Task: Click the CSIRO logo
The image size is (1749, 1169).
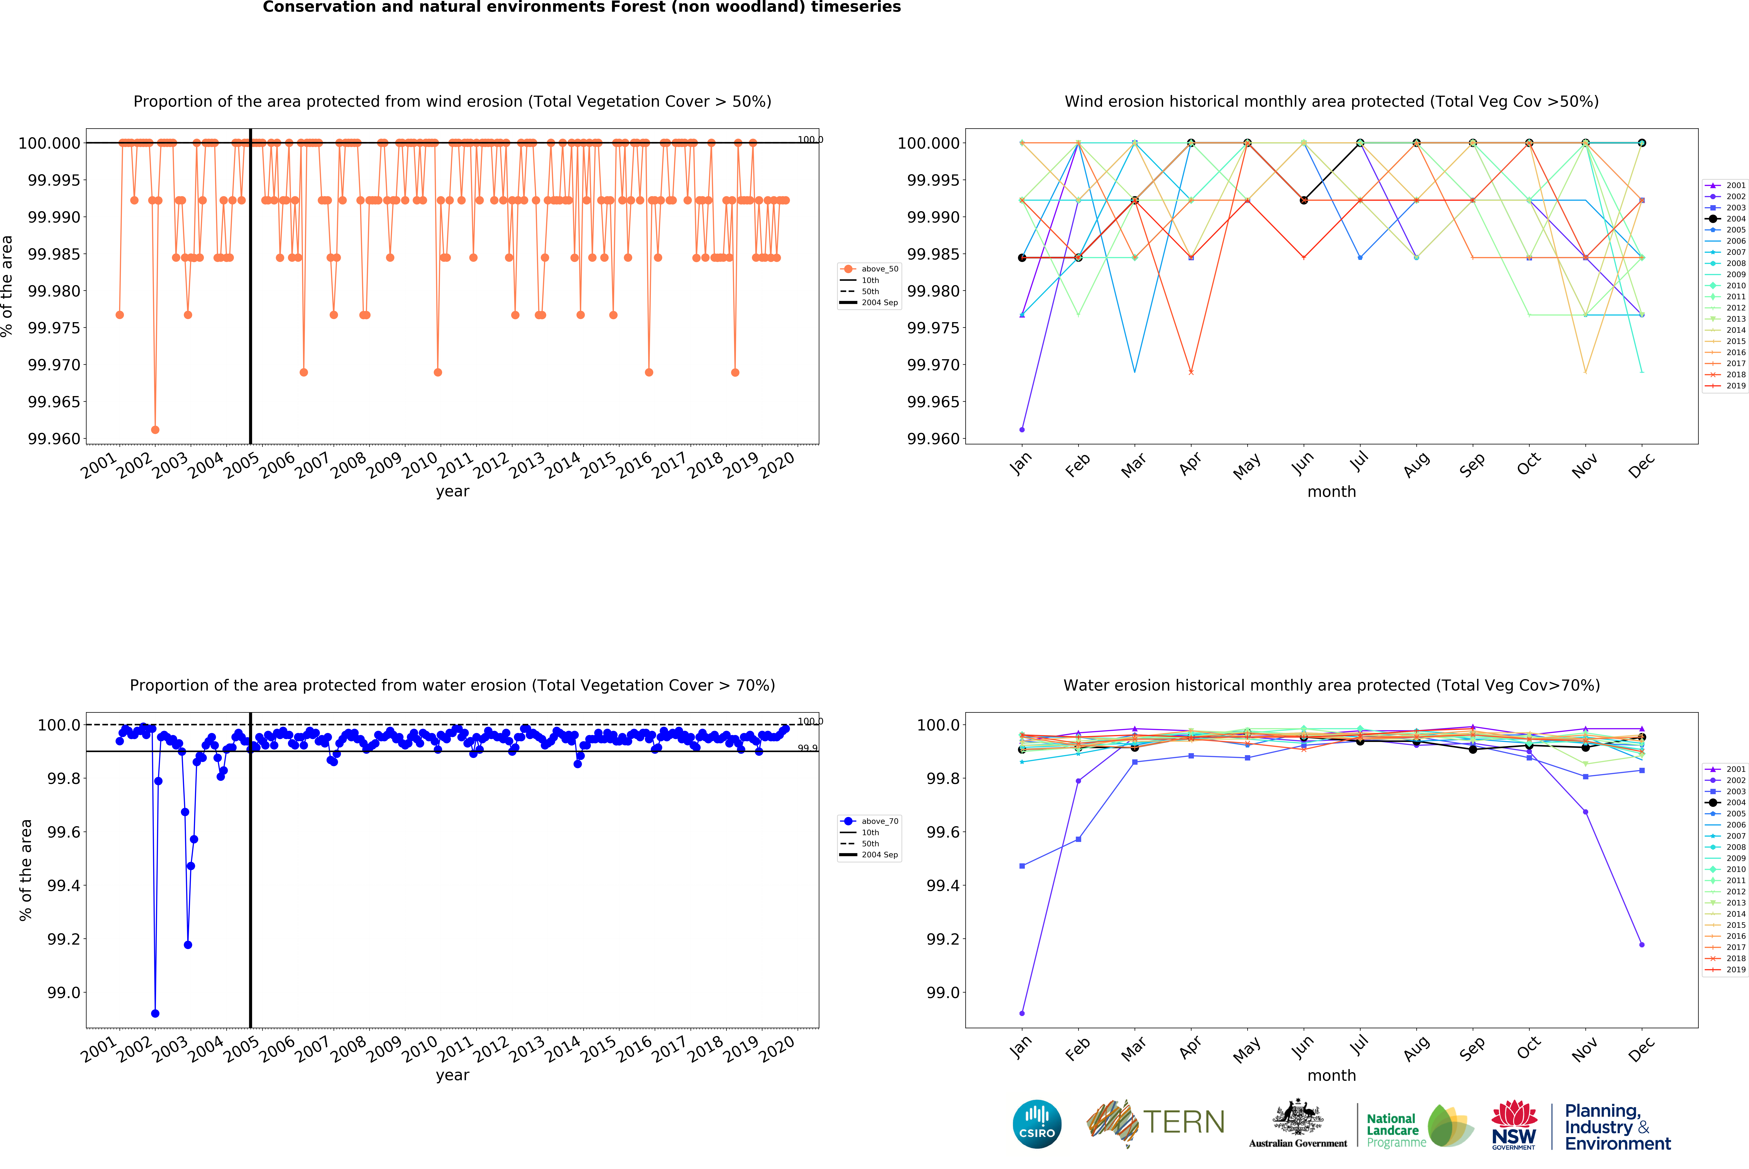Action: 1037,1124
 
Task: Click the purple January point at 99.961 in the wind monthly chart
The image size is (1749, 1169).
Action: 1022,429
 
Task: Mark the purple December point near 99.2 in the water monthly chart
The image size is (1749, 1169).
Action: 1642,945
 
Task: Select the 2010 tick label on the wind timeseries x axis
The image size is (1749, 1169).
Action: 420,466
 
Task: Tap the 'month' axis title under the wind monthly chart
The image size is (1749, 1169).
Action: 1331,492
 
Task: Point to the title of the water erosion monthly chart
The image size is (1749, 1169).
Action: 1331,685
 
